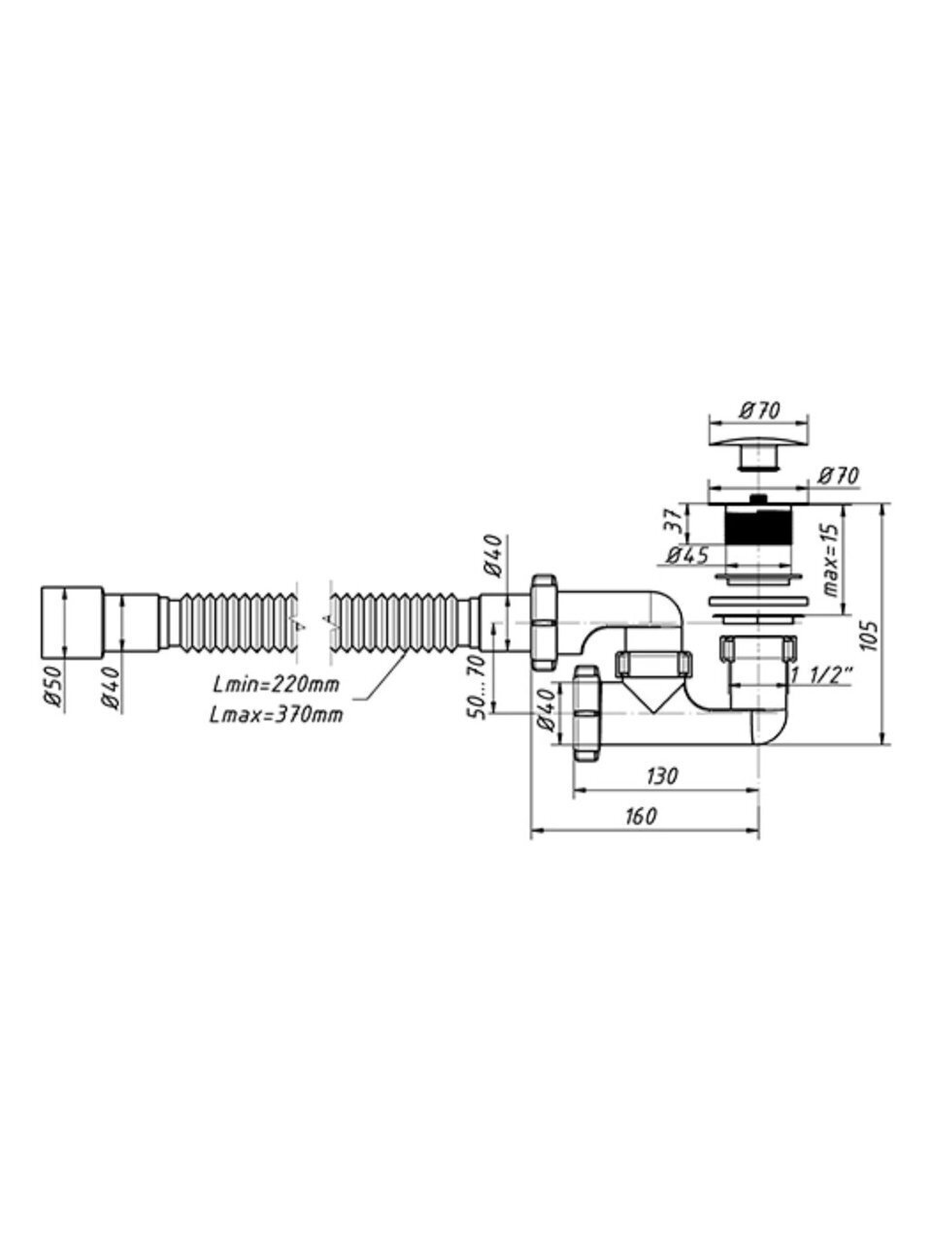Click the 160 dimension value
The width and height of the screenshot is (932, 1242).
(x=642, y=816)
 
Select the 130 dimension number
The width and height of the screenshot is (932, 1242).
(x=662, y=775)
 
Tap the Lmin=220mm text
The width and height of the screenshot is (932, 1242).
(x=276, y=685)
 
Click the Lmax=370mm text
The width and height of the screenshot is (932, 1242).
(x=276, y=715)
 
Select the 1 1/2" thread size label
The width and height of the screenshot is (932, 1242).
(x=823, y=673)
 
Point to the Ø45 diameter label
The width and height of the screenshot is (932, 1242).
(x=687, y=555)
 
